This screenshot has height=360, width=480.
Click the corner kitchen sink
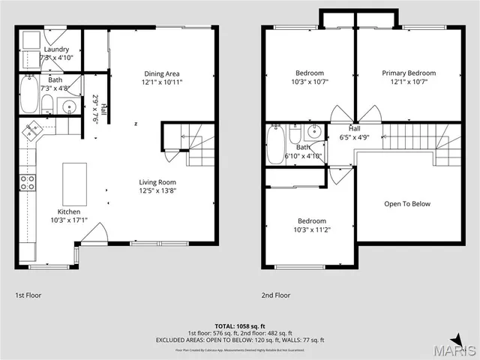[32, 131]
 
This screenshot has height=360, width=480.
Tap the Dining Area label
[161, 73]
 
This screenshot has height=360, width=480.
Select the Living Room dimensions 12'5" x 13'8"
[157, 191]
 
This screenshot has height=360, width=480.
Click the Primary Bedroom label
[409, 73]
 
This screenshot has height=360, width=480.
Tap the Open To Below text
[408, 204]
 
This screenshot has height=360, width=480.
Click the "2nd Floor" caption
[275, 295]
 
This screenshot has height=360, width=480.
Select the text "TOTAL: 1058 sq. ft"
[240, 326]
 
